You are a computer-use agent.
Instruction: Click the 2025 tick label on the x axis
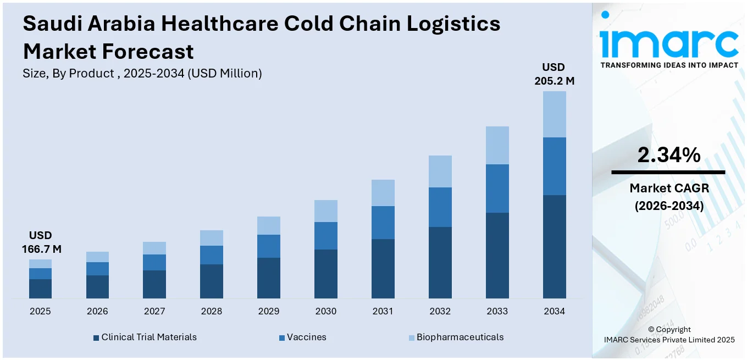(x=40, y=311)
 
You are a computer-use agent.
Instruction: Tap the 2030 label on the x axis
(x=325, y=311)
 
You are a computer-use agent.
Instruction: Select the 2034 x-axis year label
(x=554, y=311)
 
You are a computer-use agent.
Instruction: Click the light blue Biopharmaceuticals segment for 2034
(x=554, y=114)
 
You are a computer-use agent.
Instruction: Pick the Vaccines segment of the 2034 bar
(x=554, y=166)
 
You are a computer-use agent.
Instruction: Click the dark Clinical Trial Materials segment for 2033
(x=497, y=256)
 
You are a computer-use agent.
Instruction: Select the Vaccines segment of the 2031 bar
(x=383, y=223)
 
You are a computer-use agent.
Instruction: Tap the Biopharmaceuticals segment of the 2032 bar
(x=440, y=171)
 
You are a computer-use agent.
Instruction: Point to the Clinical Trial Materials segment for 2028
(x=212, y=281)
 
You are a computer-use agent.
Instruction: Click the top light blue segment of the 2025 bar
(x=40, y=264)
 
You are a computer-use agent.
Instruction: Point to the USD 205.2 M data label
(x=554, y=74)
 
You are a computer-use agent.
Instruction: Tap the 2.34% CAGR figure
(x=668, y=156)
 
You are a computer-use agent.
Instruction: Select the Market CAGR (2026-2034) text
(x=668, y=197)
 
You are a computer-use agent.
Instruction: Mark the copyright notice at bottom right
(x=668, y=335)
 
